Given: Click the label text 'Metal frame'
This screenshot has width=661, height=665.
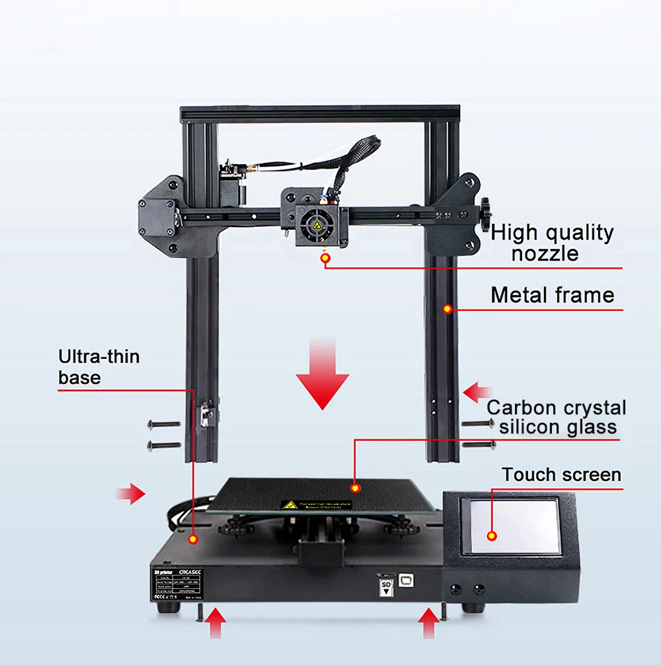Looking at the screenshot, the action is (x=552, y=295).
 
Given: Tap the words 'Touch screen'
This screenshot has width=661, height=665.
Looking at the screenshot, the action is (x=561, y=475).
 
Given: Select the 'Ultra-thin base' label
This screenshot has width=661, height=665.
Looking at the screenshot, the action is (x=99, y=367).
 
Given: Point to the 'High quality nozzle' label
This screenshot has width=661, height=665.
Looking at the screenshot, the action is (x=552, y=243).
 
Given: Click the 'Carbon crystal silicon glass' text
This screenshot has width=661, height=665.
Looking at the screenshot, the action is (x=557, y=417).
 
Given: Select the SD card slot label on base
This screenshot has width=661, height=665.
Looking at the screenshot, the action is (x=385, y=587).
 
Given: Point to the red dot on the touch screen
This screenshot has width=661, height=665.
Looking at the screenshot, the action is (x=492, y=536).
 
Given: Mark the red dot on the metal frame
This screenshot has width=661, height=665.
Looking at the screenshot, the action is (x=447, y=308).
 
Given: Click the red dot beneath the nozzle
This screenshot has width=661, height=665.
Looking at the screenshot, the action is (x=325, y=259).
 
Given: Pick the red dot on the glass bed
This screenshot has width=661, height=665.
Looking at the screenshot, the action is (x=356, y=488).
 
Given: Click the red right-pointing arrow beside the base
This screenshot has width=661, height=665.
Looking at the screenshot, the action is (x=130, y=493).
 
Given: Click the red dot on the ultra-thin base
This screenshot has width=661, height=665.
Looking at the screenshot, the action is (x=193, y=539).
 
